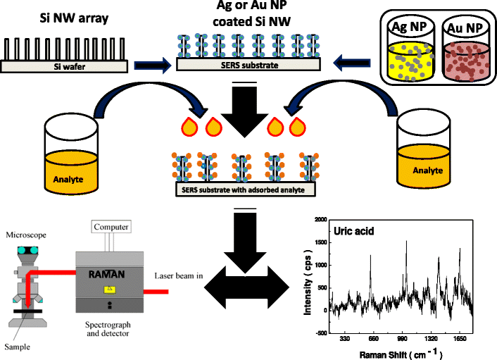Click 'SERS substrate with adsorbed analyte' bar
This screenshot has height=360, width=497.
coord(244,188)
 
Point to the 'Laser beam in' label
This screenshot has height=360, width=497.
coord(178,275)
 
